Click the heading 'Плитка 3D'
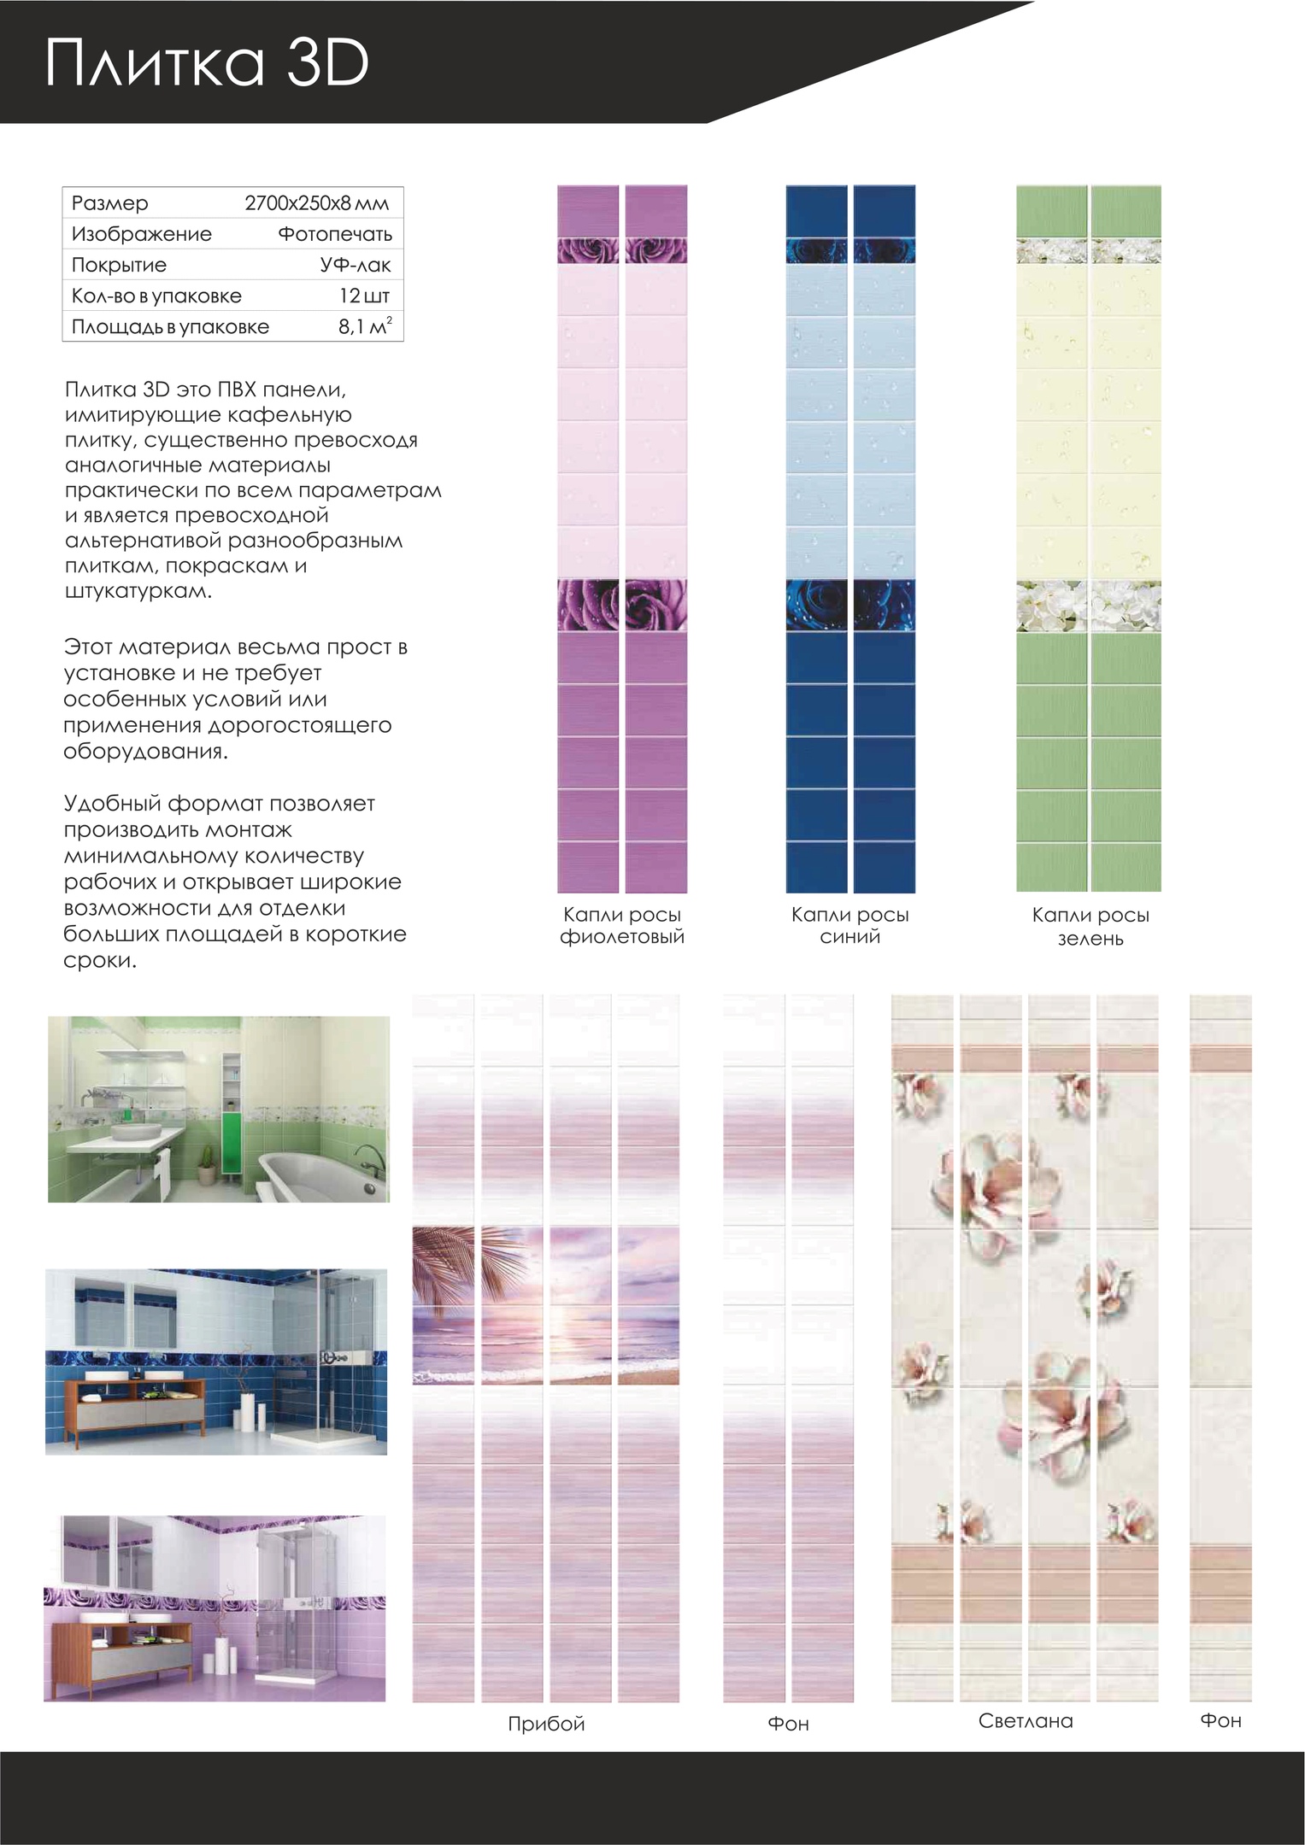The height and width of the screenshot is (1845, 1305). click(x=207, y=64)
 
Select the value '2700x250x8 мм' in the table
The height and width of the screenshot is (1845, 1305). click(x=316, y=203)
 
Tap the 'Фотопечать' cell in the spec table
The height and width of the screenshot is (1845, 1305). click(x=335, y=234)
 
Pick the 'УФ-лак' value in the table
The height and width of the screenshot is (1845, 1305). click(x=356, y=265)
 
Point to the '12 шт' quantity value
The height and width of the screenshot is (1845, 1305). click(x=364, y=296)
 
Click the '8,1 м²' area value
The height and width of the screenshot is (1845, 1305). click(x=365, y=326)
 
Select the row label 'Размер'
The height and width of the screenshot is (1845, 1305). click(x=110, y=203)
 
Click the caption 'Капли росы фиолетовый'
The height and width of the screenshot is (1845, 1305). click(x=622, y=926)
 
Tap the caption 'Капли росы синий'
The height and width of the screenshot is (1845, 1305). click(x=849, y=926)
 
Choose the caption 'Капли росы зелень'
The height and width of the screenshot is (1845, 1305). click(x=1090, y=927)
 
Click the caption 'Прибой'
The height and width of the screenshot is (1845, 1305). click(x=546, y=1724)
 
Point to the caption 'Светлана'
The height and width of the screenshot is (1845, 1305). click(x=1026, y=1721)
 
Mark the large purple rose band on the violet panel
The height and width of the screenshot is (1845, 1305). click(x=622, y=605)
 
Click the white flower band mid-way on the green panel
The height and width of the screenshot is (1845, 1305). click(x=1088, y=606)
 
